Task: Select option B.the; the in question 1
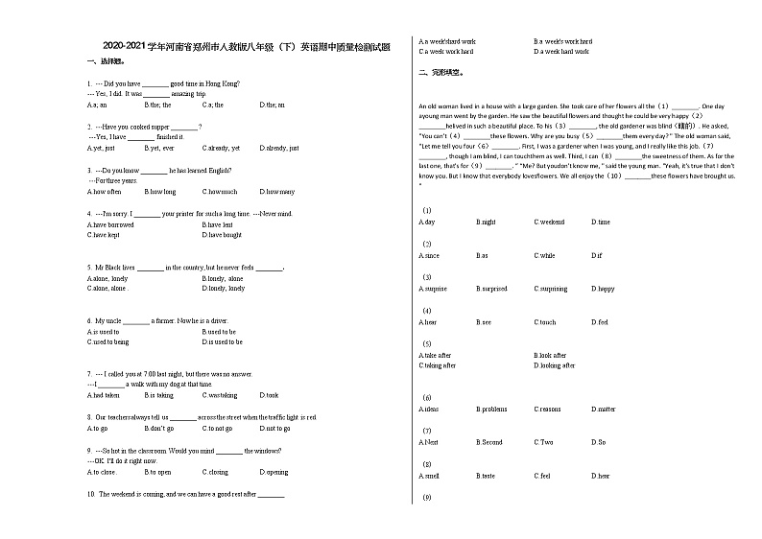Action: pyautogui.click(x=156, y=105)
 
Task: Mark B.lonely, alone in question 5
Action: pyautogui.click(x=223, y=277)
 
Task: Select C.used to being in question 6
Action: pyautogui.click(x=107, y=341)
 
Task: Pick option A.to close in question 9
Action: pyautogui.click(x=102, y=471)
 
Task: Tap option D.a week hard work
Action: pyautogui.click(x=560, y=51)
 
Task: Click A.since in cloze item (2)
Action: pyautogui.click(x=429, y=255)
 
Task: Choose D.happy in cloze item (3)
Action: pyautogui.click(x=603, y=288)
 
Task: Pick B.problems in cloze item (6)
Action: pyautogui.click(x=491, y=409)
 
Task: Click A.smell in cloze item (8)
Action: pyautogui.click(x=429, y=475)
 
